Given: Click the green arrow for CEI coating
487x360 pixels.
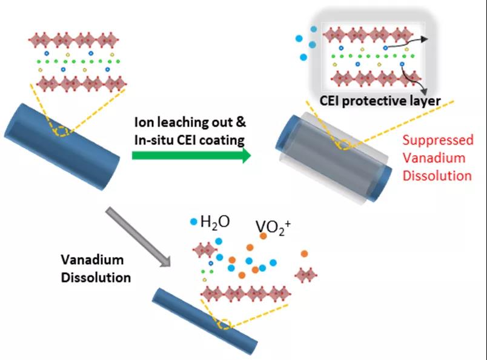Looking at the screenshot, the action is tap(191, 155).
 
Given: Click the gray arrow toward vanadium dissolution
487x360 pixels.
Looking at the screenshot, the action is tap(138, 236).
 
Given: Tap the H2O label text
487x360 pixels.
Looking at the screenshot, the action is tap(215, 222).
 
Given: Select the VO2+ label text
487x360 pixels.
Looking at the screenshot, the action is tap(273, 227).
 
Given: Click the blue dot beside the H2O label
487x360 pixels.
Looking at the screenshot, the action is tap(194, 222).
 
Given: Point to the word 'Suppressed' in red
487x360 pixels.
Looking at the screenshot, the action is tap(438, 141).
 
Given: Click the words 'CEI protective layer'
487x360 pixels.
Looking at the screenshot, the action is tap(380, 101).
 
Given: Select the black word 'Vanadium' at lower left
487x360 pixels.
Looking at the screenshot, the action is tap(92, 259).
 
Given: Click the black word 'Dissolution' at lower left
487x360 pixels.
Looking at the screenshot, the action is tap(96, 278).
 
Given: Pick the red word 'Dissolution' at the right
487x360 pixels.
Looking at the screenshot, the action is tap(437, 176).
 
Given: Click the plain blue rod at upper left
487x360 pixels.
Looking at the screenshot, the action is tap(62, 147).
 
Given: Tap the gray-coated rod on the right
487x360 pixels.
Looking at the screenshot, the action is tap(334, 159).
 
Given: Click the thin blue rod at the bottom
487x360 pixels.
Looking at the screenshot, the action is tap(205, 321).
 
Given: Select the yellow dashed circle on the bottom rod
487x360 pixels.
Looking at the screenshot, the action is tap(224, 324).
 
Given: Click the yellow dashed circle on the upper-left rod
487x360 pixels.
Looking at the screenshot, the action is tap(62, 132).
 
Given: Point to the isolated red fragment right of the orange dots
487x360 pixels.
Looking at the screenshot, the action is tap(306, 275).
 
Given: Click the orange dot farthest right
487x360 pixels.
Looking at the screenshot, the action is tap(304, 254).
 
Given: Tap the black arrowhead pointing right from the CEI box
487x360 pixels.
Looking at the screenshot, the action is tap(425, 39).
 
